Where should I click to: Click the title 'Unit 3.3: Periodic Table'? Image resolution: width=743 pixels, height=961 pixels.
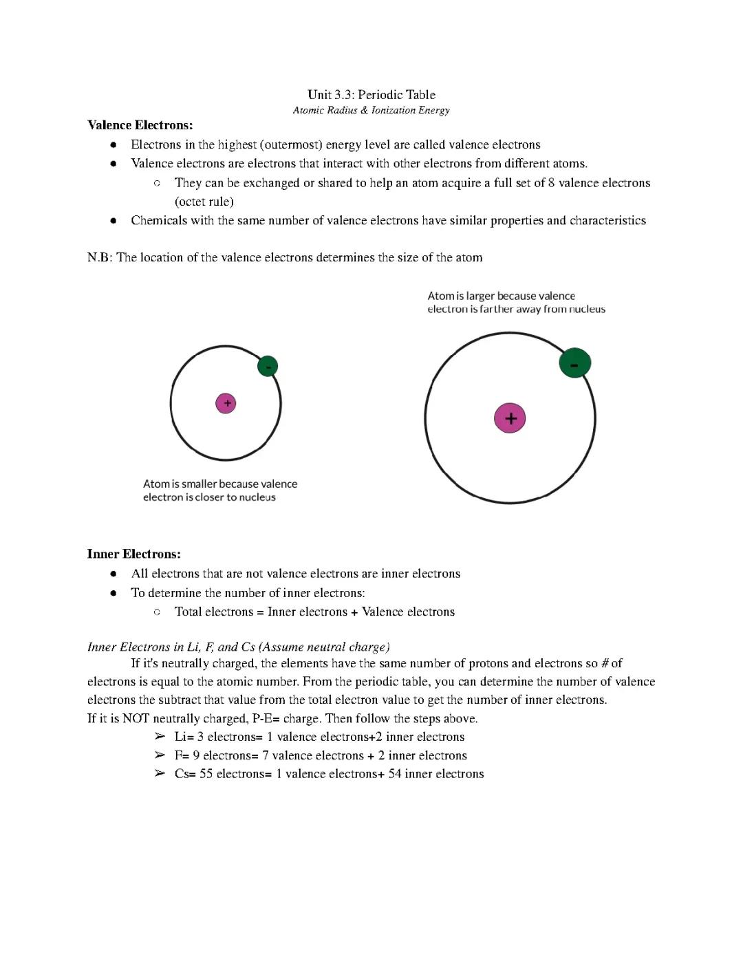click(371, 95)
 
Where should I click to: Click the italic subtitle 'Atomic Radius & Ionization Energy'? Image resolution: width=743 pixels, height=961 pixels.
click(371, 110)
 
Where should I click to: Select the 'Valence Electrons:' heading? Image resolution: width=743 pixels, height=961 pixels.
click(140, 125)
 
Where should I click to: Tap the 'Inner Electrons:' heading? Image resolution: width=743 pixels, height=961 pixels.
click(133, 554)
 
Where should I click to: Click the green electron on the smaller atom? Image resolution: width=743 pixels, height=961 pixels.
click(267, 366)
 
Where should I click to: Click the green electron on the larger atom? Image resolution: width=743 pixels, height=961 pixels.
click(574, 363)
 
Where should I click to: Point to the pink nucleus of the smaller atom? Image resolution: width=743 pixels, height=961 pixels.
click(226, 403)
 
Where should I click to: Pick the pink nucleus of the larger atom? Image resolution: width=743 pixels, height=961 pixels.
click(510, 418)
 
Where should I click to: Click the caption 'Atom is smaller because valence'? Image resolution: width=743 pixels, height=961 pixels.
click(220, 484)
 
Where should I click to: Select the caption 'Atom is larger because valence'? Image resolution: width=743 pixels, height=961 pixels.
click(501, 296)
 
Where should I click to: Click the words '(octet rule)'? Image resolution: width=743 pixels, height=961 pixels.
click(204, 202)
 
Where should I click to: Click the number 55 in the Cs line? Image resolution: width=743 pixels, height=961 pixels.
click(206, 774)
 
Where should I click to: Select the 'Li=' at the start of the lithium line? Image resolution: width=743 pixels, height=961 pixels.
click(184, 737)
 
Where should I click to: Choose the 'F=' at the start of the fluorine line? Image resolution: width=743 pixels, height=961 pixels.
click(182, 756)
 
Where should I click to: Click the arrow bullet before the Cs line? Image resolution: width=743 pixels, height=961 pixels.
click(160, 774)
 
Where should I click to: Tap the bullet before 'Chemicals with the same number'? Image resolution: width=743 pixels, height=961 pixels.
click(114, 221)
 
